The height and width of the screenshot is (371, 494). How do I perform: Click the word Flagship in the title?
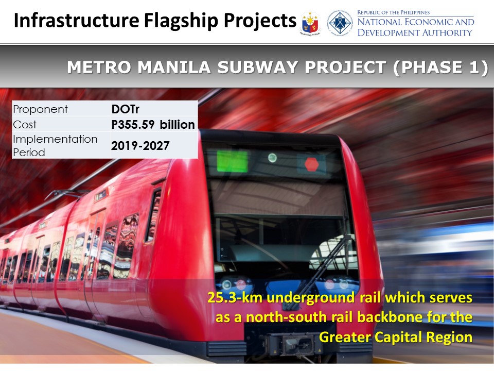tap(181, 21)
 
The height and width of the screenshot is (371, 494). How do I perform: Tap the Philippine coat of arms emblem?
tap(310, 23)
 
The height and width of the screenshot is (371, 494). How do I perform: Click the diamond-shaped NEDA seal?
tap(340, 23)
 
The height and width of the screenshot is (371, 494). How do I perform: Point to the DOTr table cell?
tap(154, 109)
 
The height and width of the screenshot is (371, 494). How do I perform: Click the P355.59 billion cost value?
tap(153, 124)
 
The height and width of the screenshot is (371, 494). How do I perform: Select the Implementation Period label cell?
tap(61, 145)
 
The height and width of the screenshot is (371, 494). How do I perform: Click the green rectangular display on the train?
tap(232, 161)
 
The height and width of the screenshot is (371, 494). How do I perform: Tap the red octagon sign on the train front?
tap(311, 164)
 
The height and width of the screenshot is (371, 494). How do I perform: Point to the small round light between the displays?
tap(272, 158)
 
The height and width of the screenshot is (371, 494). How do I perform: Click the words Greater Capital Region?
tap(396, 337)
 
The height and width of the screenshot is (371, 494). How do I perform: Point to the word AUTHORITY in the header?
tap(447, 32)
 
